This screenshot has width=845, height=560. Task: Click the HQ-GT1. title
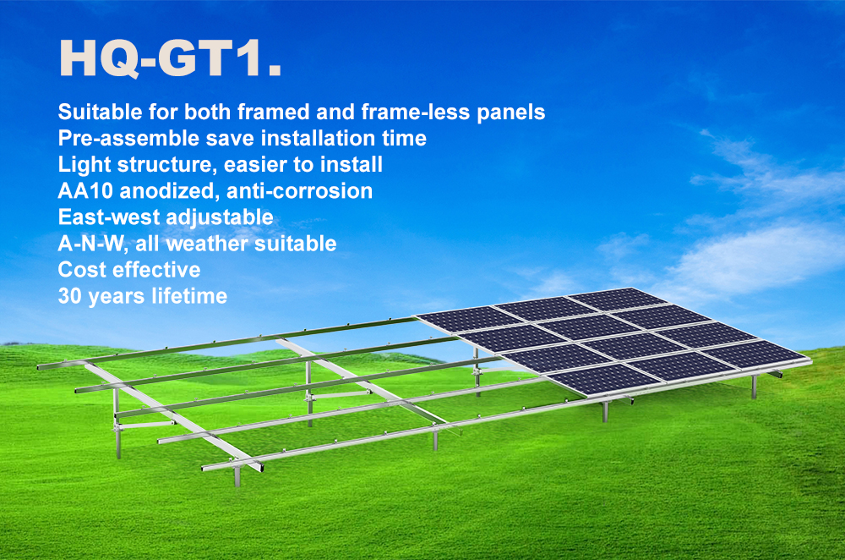(x=171, y=58)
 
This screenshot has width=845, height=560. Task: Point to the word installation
(x=319, y=138)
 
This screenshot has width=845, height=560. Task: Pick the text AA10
(x=85, y=191)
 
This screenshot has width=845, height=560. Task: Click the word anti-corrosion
(x=300, y=191)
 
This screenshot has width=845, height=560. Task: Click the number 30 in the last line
(x=69, y=296)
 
